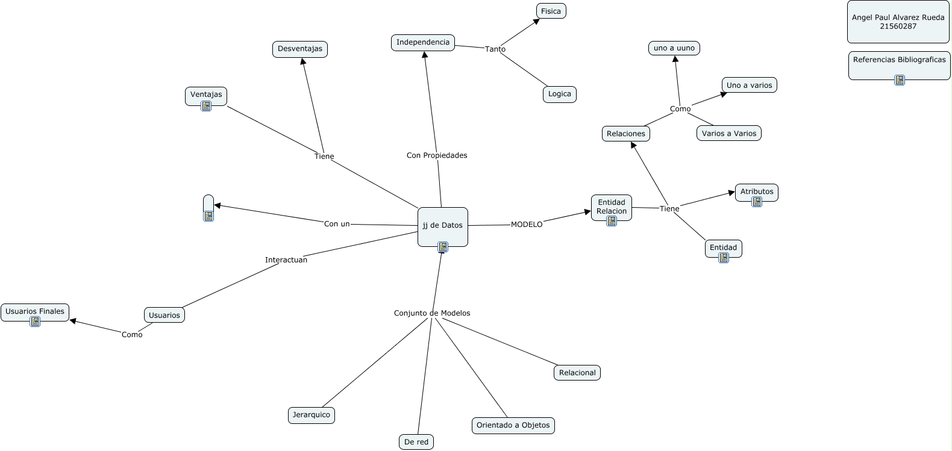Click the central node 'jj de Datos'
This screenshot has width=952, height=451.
click(x=443, y=226)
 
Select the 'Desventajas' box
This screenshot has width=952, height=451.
click(x=300, y=49)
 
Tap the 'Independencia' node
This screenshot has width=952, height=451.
click(x=423, y=43)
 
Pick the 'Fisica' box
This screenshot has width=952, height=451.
click(x=551, y=11)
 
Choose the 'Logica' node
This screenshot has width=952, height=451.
click(x=559, y=94)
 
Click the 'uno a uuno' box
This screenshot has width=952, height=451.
click(x=674, y=48)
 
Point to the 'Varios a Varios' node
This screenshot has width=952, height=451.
click(x=729, y=134)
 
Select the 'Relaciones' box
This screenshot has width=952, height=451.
click(x=626, y=134)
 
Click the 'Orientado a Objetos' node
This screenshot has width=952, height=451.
click(x=513, y=426)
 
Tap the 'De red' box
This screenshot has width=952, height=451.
click(x=416, y=442)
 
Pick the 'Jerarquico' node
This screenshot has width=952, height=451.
click(x=312, y=415)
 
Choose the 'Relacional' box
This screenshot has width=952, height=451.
click(x=577, y=373)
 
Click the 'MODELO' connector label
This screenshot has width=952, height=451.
click(x=527, y=225)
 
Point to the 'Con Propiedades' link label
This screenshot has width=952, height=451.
click(x=437, y=155)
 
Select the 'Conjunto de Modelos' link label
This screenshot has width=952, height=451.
click(x=432, y=313)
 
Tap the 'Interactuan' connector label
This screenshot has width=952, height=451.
click(x=286, y=260)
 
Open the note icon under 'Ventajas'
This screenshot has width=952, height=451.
click(x=206, y=106)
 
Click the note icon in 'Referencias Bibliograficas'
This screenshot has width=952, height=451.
click(x=900, y=80)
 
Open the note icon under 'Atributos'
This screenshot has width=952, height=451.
click(x=757, y=202)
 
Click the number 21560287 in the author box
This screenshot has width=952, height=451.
click(x=898, y=26)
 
